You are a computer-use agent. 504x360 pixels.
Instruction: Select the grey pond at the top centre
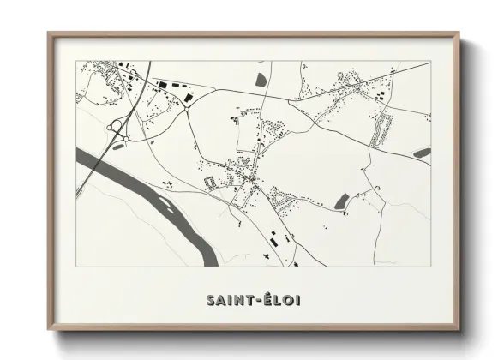click(261, 81)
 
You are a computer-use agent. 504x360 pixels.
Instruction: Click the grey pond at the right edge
click(422, 153)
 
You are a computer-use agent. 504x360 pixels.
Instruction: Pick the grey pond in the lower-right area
click(342, 201)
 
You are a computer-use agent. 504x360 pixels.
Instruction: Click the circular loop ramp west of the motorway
click(114, 129)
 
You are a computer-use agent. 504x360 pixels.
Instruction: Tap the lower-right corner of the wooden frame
click(458, 329)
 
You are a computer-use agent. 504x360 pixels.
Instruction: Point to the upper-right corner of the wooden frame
click(458, 34)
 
